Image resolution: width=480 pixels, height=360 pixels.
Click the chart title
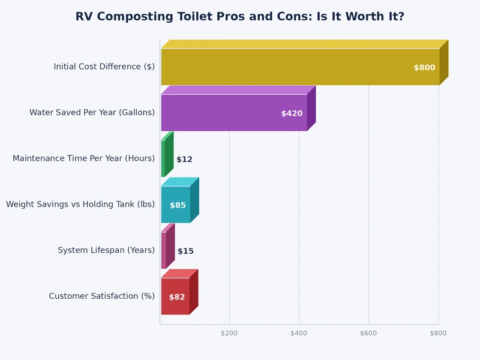(x=240, y=17)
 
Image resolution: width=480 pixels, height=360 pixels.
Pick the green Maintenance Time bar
(x=163, y=158)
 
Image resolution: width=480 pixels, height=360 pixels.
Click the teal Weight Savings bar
(x=176, y=205)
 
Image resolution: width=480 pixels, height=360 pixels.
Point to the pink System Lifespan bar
(x=164, y=250)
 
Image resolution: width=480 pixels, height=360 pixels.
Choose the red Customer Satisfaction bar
(x=175, y=296)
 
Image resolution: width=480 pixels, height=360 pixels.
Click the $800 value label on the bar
(x=424, y=68)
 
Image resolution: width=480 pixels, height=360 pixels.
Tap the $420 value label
(x=292, y=113)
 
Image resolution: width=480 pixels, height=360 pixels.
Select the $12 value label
(x=184, y=160)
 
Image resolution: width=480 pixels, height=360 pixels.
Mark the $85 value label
(x=178, y=205)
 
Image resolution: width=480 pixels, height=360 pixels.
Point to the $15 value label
(x=185, y=251)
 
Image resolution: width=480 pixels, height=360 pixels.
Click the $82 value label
(x=177, y=297)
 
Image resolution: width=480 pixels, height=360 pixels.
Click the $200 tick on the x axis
(x=229, y=333)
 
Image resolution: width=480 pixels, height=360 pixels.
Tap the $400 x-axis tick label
(x=299, y=333)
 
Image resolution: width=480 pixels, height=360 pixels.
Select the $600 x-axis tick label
(x=368, y=333)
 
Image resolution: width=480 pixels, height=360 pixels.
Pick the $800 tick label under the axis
(x=438, y=333)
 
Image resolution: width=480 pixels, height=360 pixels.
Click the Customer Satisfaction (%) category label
(x=101, y=296)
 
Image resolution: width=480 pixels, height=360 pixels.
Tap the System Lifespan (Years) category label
(x=106, y=250)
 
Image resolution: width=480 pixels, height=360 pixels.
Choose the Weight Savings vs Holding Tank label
(x=80, y=205)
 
